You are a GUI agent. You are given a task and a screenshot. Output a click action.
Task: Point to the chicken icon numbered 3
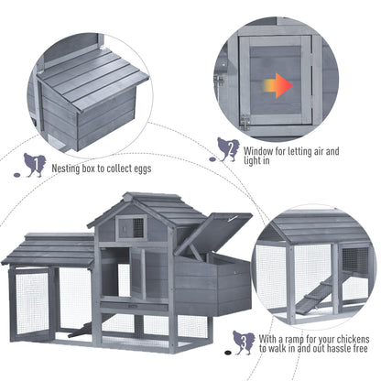pyautogui.click(x=244, y=343)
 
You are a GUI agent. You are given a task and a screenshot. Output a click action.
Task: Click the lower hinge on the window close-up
pyautogui.click(x=244, y=120)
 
